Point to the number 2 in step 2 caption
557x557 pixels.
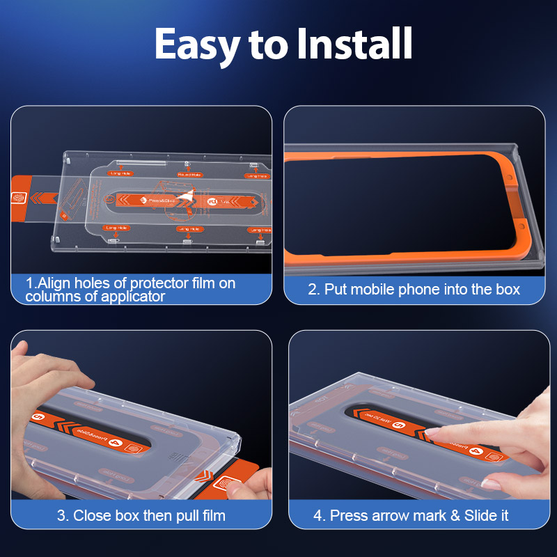[313, 289]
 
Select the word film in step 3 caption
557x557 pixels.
[210, 516]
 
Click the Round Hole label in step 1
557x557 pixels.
[189, 175]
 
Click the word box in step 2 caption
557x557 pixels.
[508, 289]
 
